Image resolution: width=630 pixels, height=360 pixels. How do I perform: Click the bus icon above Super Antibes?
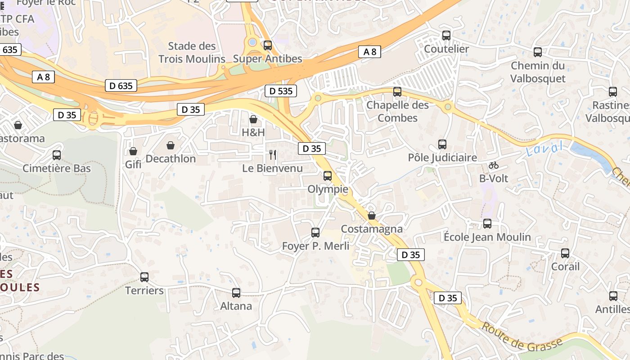[x=268, y=45]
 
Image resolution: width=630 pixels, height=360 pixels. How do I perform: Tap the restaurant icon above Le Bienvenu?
[x=273, y=155]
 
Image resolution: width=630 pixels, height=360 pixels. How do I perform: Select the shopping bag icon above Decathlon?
[x=171, y=145]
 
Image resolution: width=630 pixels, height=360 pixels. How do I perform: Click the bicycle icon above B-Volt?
[x=494, y=165]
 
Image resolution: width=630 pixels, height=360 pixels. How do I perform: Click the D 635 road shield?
[x=121, y=85]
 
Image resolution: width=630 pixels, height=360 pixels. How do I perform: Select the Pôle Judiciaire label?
[x=442, y=158]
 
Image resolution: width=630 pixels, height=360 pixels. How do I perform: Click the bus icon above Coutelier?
[x=446, y=35]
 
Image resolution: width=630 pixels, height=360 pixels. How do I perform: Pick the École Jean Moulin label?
[x=487, y=237]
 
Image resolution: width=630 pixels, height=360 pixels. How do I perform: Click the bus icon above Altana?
[x=236, y=293]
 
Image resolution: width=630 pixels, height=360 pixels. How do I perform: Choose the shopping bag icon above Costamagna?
[x=372, y=216]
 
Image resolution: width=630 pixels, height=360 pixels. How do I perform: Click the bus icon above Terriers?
[x=144, y=277]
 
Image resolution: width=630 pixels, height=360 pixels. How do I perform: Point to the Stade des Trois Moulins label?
[x=192, y=52]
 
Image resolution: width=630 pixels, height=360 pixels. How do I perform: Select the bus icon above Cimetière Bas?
[x=57, y=155]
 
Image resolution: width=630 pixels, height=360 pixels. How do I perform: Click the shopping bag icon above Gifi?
[x=133, y=151]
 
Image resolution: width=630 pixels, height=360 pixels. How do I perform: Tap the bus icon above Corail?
[x=565, y=253]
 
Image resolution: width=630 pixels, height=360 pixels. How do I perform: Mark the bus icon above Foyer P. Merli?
[x=315, y=233]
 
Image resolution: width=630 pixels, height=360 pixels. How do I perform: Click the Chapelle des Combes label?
[x=398, y=111]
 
